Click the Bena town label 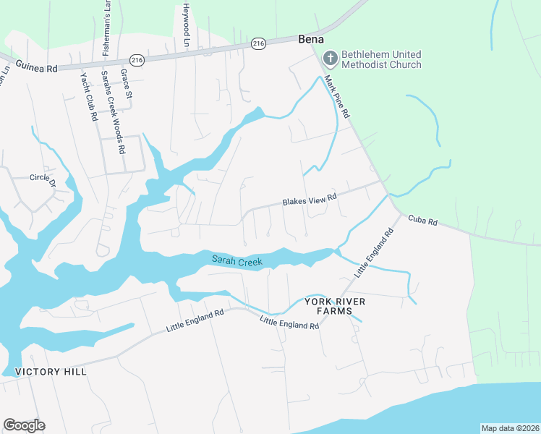(310, 39)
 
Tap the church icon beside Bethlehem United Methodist (330, 58)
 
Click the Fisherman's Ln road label (106, 27)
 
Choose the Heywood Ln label (186, 25)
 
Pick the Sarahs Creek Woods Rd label (113, 111)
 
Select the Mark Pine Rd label (337, 97)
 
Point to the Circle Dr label (43, 177)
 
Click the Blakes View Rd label (310, 199)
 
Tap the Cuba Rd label (423, 219)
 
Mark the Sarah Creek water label (237, 260)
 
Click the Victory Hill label (51, 372)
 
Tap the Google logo (24, 425)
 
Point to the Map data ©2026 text (510, 427)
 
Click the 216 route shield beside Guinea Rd (137, 59)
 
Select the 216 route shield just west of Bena (259, 44)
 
